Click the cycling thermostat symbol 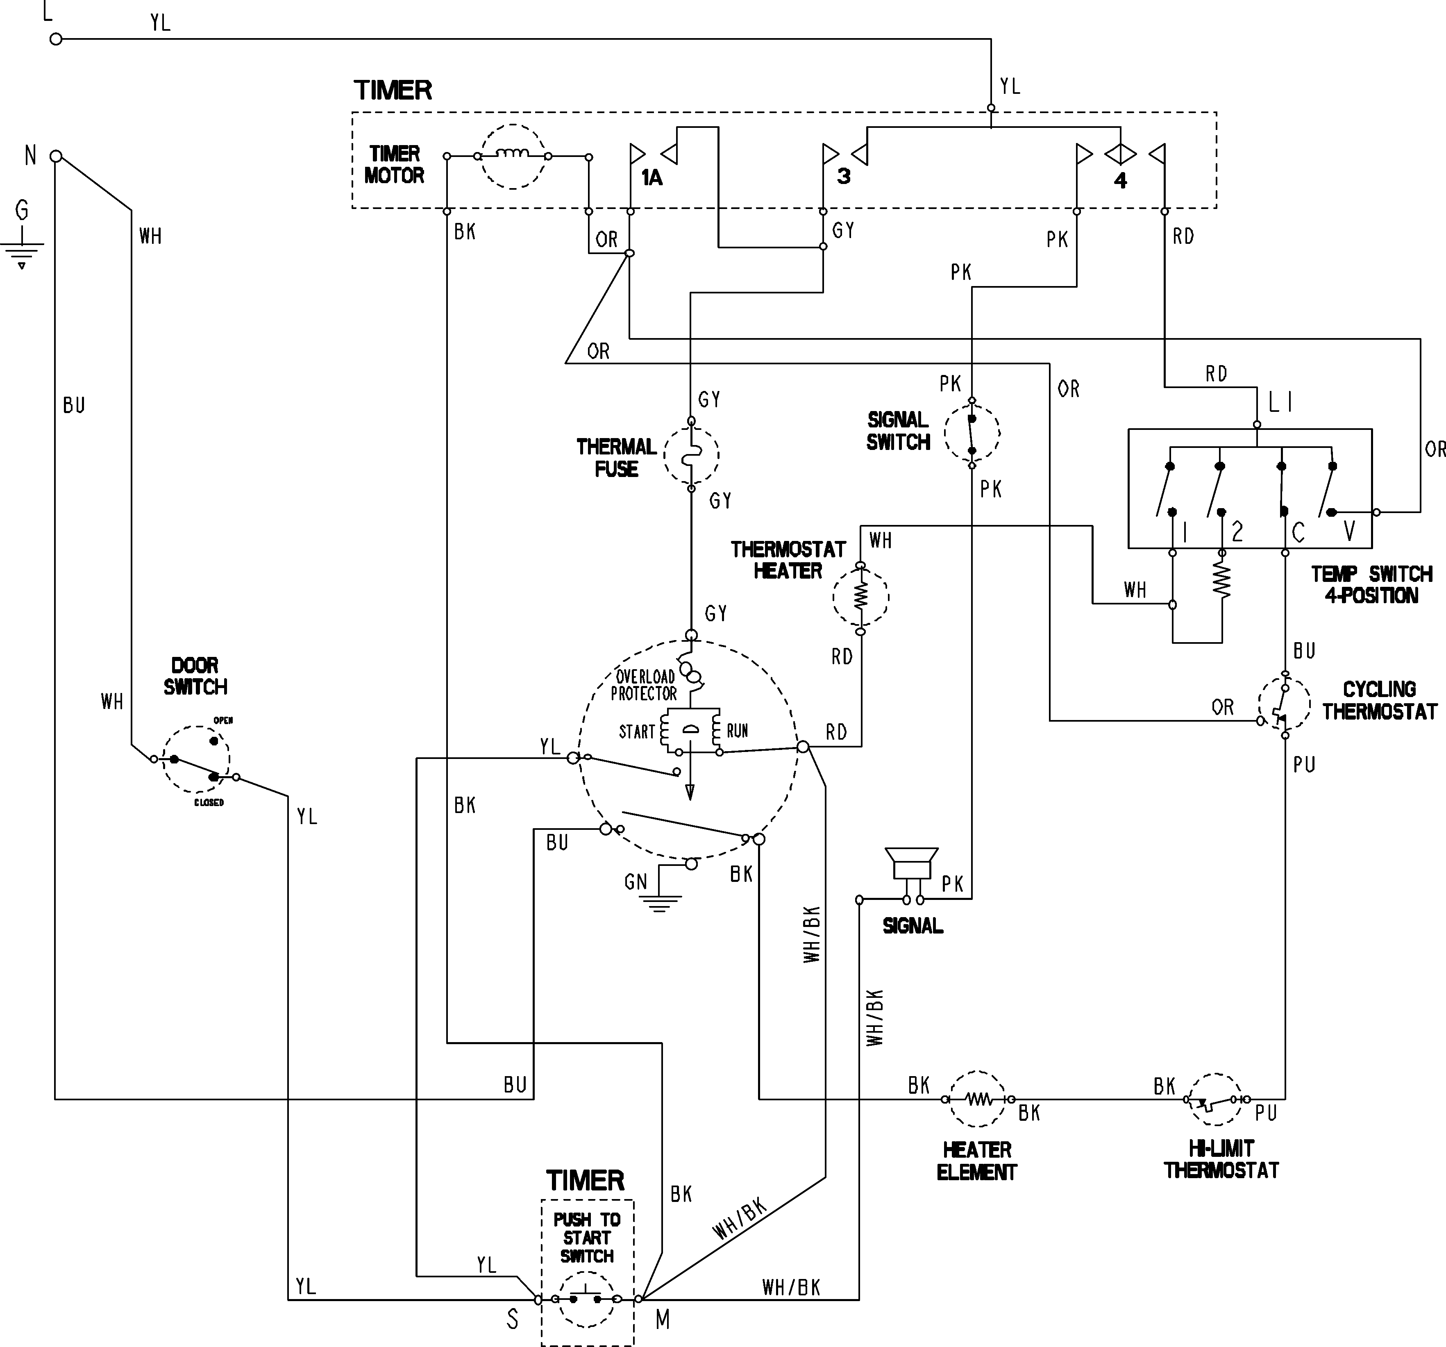click(1285, 704)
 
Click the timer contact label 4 click(1120, 180)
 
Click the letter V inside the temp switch click(1349, 531)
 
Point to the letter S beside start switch click(513, 1320)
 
